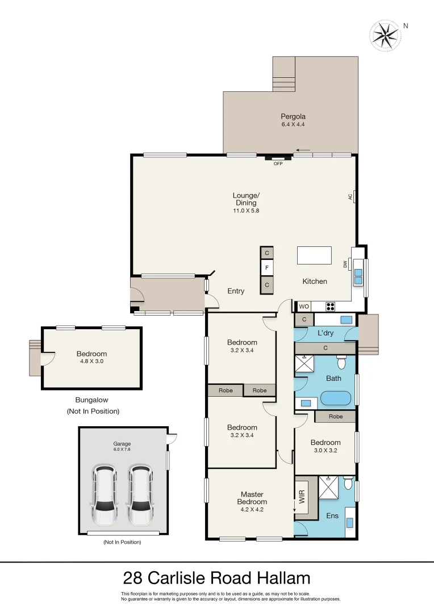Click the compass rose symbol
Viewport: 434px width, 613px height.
[385, 35]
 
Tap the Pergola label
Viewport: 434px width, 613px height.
[293, 116]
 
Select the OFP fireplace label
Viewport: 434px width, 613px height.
[278, 164]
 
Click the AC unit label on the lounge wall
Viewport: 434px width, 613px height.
[350, 197]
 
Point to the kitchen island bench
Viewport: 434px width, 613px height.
[314, 255]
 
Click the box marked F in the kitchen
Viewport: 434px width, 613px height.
[267, 267]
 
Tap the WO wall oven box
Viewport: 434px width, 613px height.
[304, 306]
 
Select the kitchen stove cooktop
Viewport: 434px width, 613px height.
[331, 306]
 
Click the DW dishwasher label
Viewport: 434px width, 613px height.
[345, 264]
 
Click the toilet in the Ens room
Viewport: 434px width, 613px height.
[348, 484]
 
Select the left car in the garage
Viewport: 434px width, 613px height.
[105, 495]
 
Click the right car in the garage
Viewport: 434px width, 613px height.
[140, 495]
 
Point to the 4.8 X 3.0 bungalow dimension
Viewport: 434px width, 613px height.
[91, 361]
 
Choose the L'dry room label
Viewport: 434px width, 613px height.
[325, 332]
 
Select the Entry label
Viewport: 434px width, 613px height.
[236, 291]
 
